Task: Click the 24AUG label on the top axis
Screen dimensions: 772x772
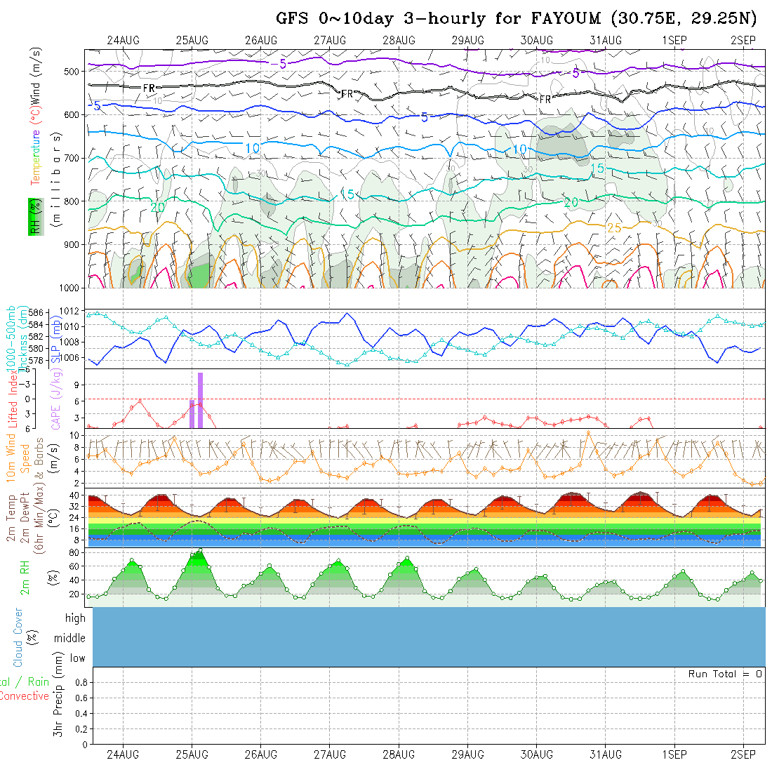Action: point(123,40)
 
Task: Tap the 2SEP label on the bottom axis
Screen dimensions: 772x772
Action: point(743,754)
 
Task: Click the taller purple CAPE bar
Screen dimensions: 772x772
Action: point(200,400)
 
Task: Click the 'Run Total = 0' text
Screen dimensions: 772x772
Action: point(725,674)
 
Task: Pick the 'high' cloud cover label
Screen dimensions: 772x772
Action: point(75,618)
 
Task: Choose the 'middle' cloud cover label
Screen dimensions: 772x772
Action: point(69,638)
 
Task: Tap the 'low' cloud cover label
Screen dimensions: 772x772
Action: point(77,658)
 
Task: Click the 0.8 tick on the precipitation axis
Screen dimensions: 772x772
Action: point(81,682)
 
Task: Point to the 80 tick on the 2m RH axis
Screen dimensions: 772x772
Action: point(73,552)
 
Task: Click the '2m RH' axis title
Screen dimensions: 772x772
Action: point(25,578)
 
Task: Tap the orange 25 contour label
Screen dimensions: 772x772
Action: point(614,228)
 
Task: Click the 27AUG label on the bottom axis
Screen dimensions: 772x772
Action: point(330,754)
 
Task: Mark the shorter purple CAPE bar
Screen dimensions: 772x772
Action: point(192,413)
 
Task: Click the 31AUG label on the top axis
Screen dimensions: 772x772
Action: point(605,40)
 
